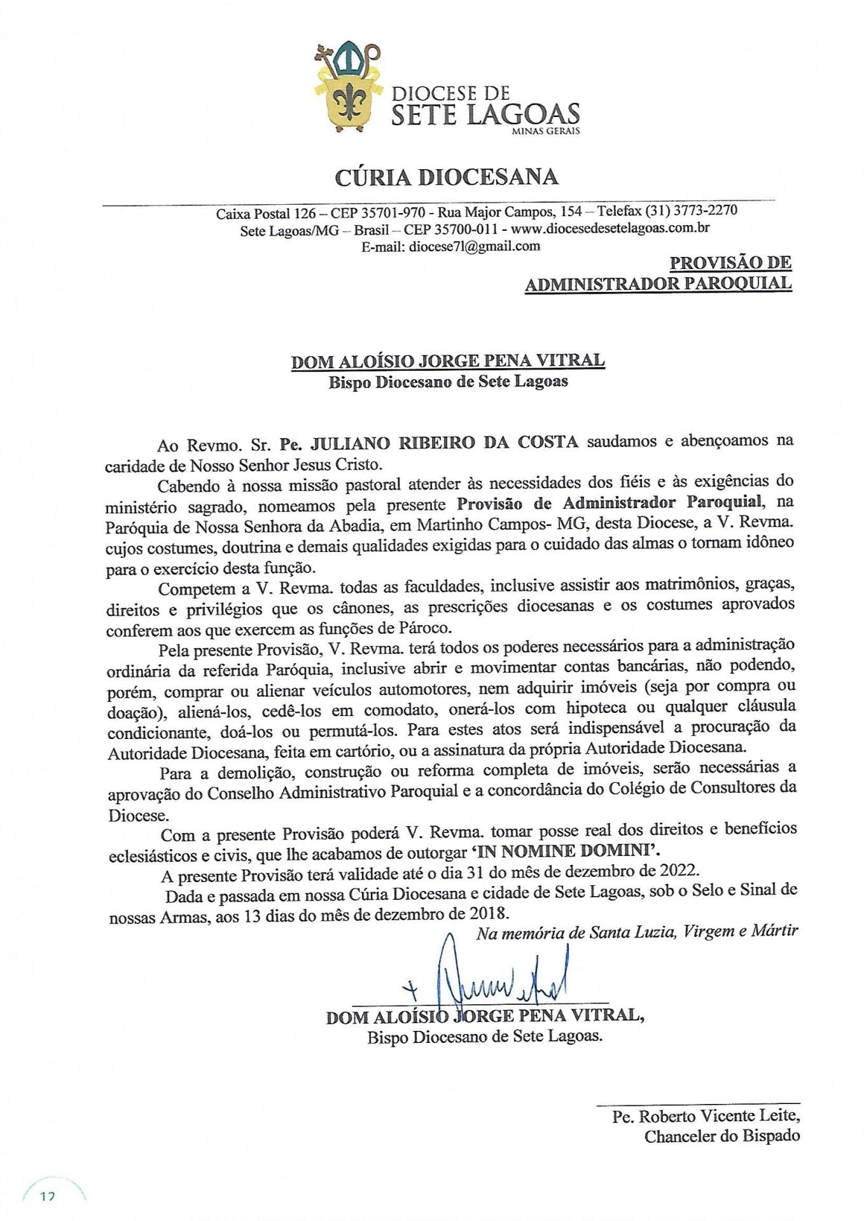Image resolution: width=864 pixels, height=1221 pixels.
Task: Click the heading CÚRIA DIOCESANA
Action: (447, 177)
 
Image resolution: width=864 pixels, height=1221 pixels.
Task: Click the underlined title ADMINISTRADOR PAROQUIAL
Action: (658, 283)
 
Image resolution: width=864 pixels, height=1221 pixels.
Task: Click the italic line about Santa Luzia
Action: (637, 932)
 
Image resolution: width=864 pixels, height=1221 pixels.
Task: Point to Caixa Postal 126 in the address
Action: (265, 214)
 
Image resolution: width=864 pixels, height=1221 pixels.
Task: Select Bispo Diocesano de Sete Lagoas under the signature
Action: (484, 1036)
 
